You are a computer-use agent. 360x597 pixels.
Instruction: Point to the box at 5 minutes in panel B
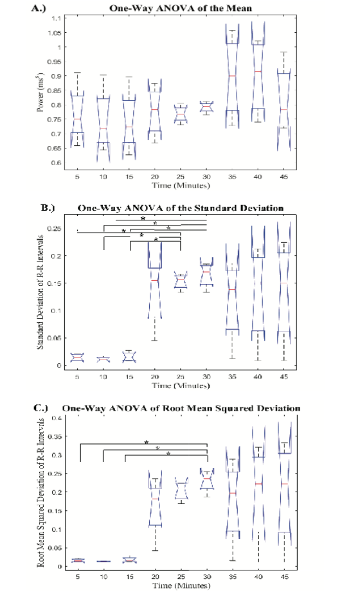(x=77, y=358)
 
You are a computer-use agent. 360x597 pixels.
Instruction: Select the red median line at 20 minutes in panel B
(x=155, y=280)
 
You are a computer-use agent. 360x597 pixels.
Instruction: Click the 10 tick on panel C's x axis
(x=103, y=576)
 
